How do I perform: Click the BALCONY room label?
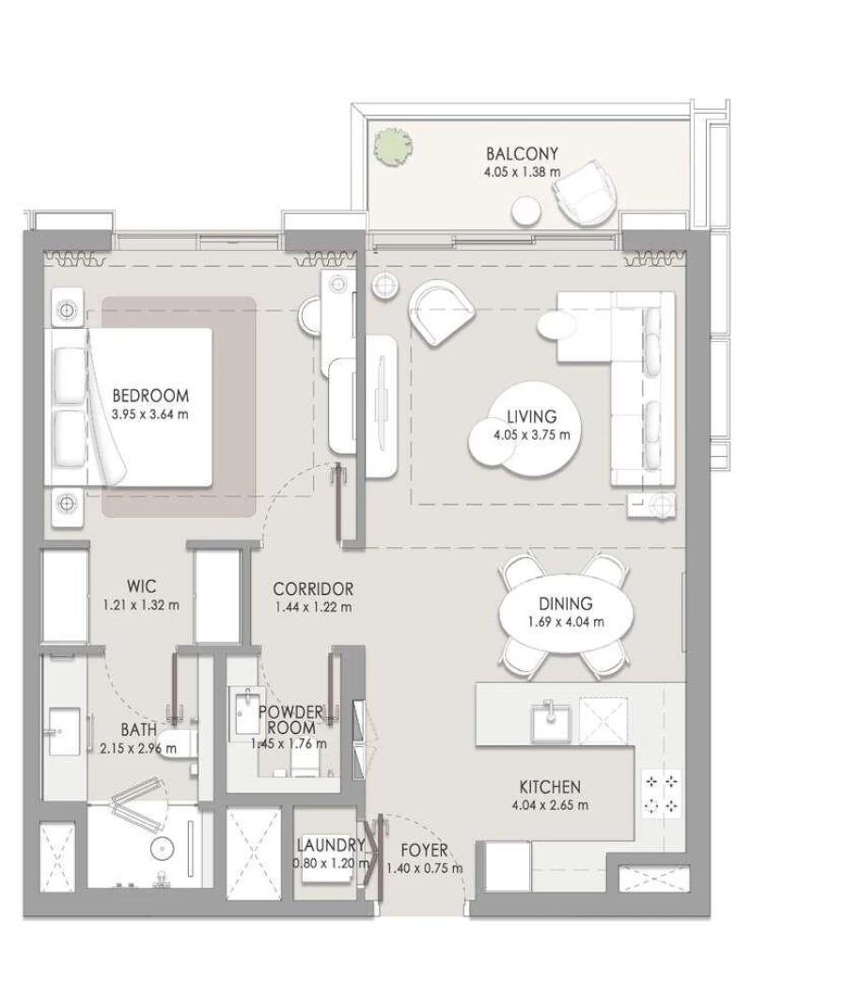click(x=522, y=153)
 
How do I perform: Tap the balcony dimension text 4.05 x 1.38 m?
click(x=522, y=172)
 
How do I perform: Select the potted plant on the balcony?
click(x=392, y=147)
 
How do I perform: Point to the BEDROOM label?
click(x=149, y=396)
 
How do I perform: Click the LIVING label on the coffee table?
click(x=531, y=416)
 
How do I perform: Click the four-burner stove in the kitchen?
click(x=662, y=793)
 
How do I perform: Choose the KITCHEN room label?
click(x=550, y=787)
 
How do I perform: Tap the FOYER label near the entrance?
click(x=424, y=852)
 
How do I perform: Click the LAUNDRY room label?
click(x=330, y=845)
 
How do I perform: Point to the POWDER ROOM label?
click(x=290, y=720)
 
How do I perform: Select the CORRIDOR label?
click(x=313, y=589)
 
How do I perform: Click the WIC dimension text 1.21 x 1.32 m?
click(x=141, y=605)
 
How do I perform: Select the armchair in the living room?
click(x=442, y=313)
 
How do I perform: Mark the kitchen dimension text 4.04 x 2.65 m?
click(x=550, y=805)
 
